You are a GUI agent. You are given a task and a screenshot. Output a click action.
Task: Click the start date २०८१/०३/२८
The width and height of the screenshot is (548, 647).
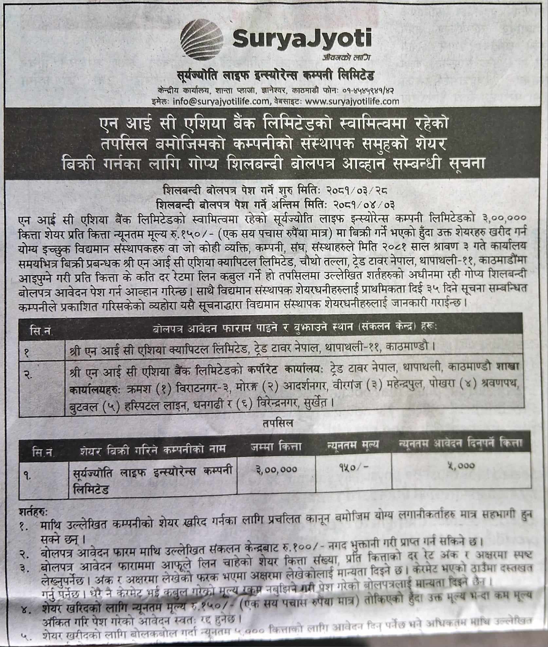pyautogui.click(x=357, y=190)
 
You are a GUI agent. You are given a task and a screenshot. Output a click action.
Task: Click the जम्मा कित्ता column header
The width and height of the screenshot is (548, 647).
pyautogui.click(x=276, y=446)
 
